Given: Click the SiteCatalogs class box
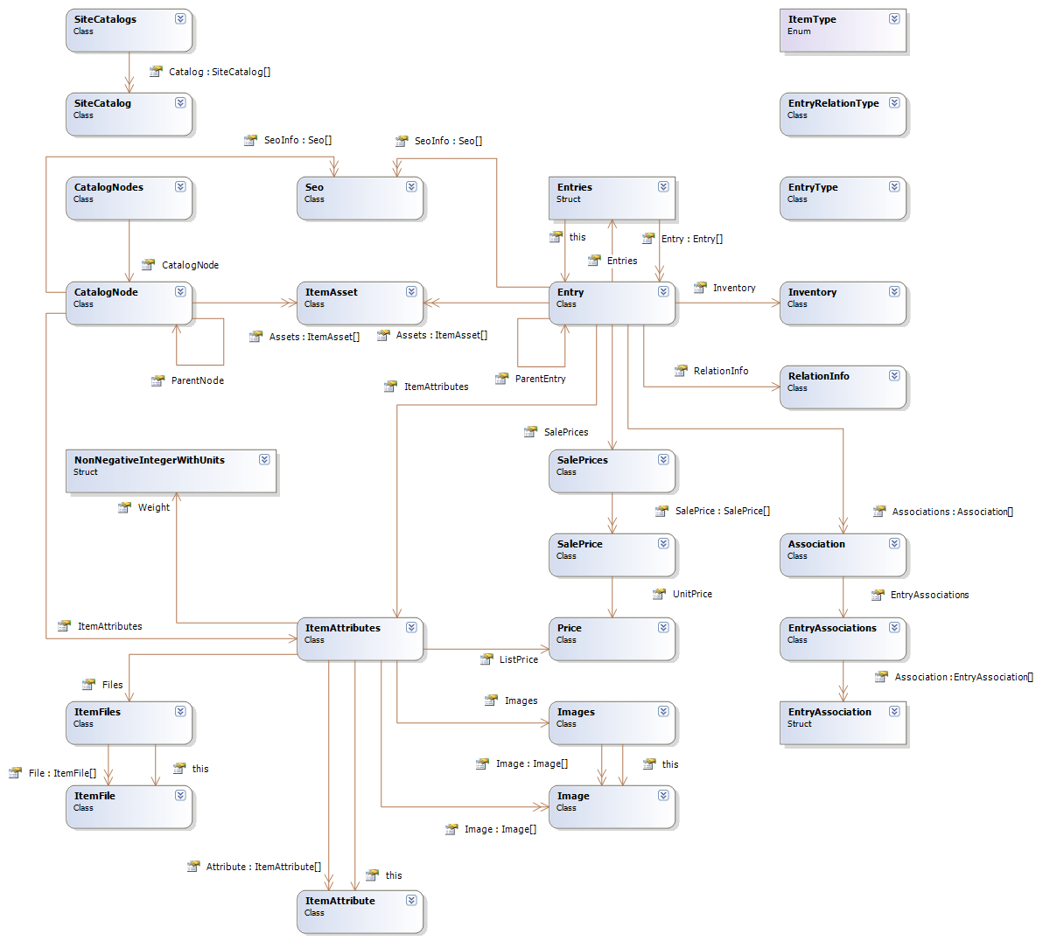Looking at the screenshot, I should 129,30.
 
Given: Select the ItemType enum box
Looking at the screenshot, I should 843,31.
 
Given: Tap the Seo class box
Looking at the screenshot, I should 360,199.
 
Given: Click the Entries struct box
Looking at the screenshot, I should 612,199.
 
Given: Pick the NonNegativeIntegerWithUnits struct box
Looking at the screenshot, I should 171,471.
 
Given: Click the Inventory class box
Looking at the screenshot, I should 843,303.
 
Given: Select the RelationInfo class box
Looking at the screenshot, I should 843,387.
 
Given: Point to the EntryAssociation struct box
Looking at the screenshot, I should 843,723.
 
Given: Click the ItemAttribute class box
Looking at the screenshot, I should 360,912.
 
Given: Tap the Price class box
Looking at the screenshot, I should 612,639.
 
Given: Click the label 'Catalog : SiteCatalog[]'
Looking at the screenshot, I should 220,72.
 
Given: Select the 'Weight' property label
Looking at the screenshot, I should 154,507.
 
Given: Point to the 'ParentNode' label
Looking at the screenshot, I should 198,380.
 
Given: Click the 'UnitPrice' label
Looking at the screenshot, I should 692,594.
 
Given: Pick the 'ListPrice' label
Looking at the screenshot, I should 519,659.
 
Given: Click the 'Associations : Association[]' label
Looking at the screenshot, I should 952,512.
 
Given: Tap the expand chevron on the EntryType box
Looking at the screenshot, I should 894,186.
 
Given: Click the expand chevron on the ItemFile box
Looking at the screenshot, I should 180,795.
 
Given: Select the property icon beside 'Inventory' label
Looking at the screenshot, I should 700,287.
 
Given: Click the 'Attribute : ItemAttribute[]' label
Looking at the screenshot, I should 263,867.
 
